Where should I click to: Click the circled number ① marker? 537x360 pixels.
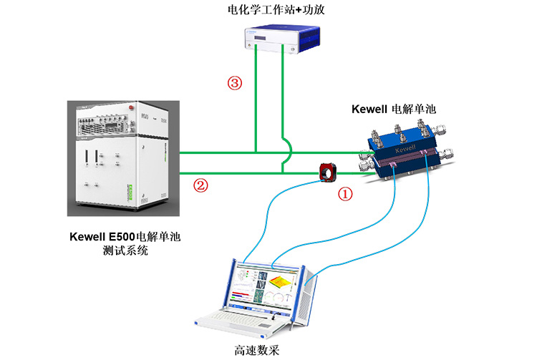point(345,193)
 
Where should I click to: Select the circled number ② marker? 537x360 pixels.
point(201,186)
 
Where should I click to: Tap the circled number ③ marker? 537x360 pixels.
point(234,83)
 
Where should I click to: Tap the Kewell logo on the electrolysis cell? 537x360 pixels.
point(405,146)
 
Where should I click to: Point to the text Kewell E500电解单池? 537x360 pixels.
point(125,236)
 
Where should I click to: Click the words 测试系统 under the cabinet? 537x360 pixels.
point(125,250)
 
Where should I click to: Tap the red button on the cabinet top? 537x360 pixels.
point(132,105)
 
